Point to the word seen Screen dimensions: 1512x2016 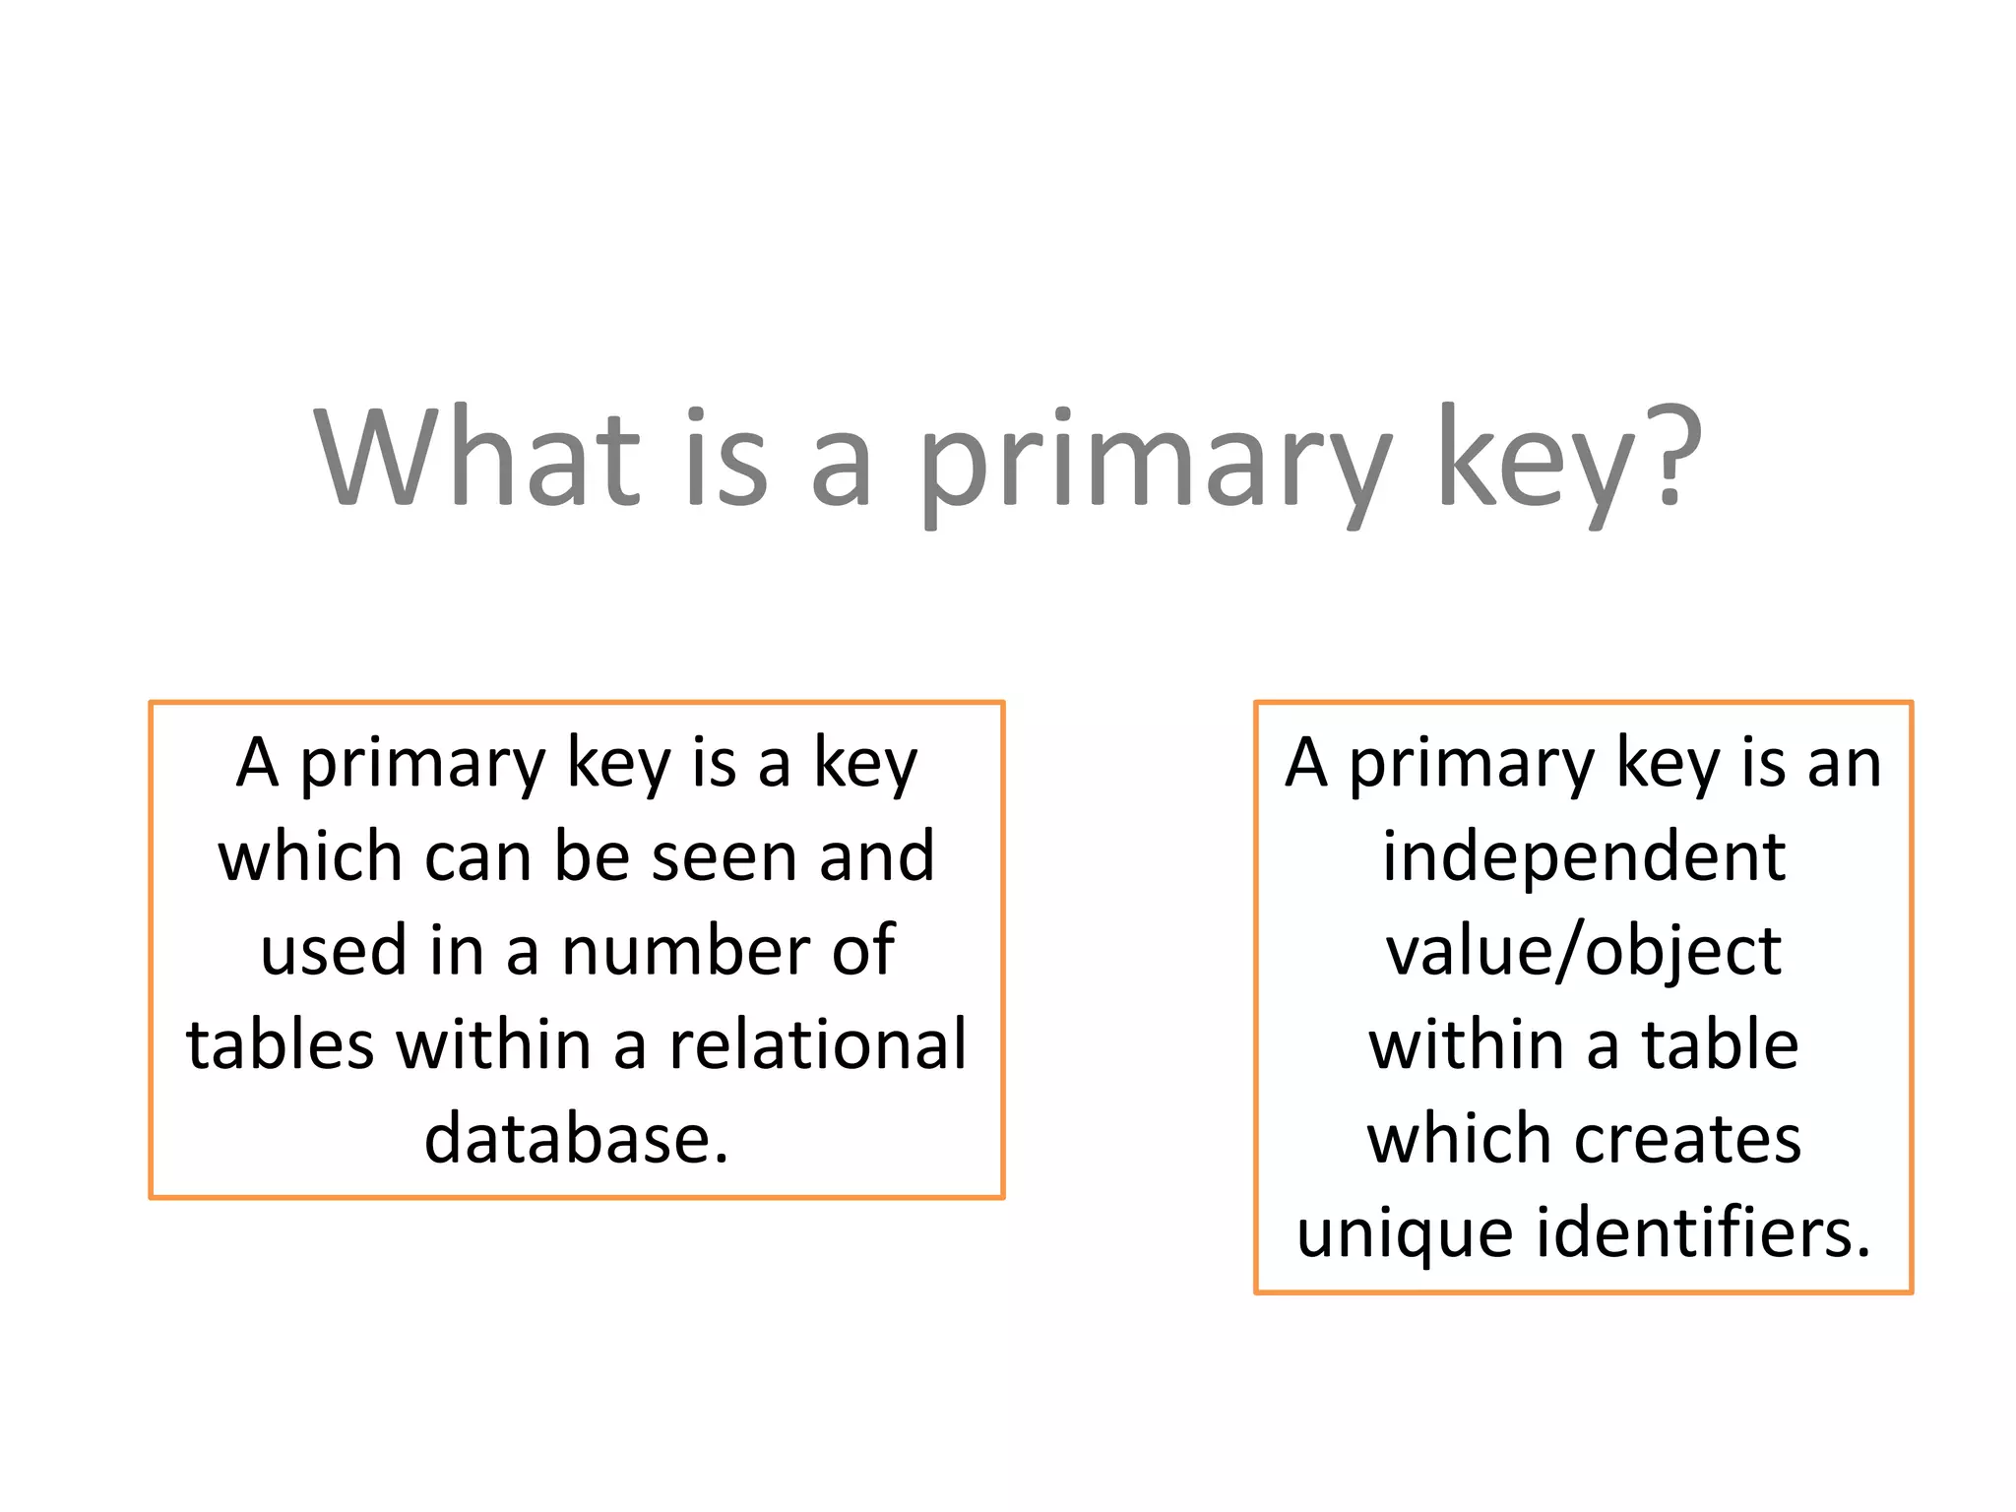click(x=724, y=856)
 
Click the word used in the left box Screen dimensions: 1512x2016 click(x=334, y=951)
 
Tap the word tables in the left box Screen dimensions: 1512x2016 click(x=280, y=1044)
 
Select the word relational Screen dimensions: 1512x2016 click(x=818, y=1044)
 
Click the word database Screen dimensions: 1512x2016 click(x=576, y=1139)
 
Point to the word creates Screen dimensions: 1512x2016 click(x=1688, y=1139)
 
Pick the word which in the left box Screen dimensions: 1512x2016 click(x=310, y=856)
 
